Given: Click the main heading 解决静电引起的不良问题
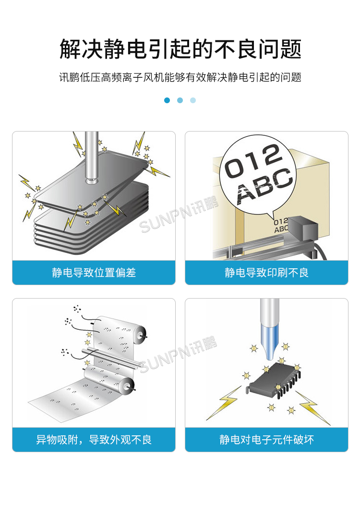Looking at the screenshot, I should coord(180,49).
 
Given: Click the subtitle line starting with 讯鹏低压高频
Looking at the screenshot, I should coord(180,77).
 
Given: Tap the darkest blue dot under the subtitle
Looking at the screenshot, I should coord(167,100).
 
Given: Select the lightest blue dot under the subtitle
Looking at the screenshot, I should coord(193,100).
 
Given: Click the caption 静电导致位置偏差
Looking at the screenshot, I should coord(94,273).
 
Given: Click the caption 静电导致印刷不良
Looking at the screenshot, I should coord(266,273).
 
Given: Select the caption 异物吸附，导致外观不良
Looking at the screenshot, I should coord(94,439).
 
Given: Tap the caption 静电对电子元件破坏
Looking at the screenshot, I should coord(266,439).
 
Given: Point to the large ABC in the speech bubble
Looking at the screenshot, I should coord(265,185).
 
